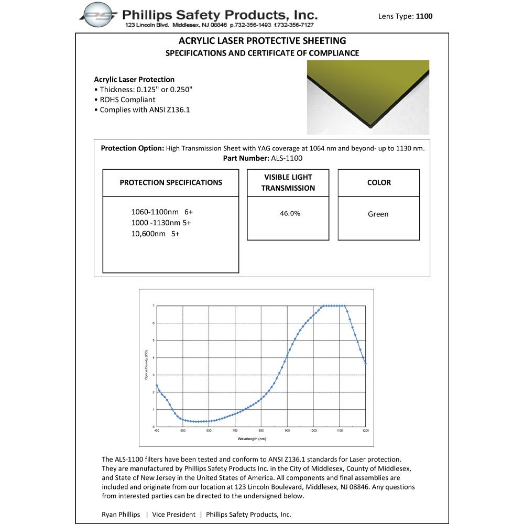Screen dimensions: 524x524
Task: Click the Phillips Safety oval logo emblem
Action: [98, 15]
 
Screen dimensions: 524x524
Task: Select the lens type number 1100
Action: [424, 16]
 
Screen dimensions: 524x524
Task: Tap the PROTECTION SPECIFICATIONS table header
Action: [171, 183]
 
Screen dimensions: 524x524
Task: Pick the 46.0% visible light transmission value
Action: [288, 214]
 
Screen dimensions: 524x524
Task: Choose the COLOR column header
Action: [379, 183]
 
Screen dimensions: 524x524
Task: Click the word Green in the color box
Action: [378, 214]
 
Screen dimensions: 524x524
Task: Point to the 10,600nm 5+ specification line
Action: [156, 234]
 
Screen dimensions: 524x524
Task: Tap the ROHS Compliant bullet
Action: [127, 100]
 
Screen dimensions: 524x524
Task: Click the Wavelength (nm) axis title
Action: [252, 438]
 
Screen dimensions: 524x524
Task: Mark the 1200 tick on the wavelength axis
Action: [365, 431]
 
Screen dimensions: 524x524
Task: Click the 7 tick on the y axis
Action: [153, 305]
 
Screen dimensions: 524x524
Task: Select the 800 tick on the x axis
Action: [261, 431]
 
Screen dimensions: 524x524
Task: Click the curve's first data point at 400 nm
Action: [157, 386]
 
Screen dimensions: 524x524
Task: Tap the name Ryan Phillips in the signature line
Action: [121, 515]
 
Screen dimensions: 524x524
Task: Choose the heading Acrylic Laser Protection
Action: [134, 80]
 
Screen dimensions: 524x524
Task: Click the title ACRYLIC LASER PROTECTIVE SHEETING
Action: [263, 41]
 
